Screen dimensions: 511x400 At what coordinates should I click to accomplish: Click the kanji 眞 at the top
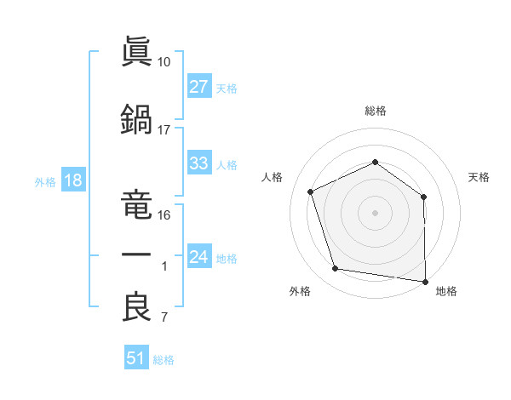[x=136, y=51]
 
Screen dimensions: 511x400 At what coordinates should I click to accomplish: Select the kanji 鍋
[x=136, y=119]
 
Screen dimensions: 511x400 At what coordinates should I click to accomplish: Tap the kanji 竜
[x=136, y=204]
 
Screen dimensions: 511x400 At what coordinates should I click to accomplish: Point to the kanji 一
[x=136, y=254]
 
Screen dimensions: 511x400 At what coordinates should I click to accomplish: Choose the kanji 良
[x=136, y=306]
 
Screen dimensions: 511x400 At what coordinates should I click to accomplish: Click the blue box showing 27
[x=199, y=86]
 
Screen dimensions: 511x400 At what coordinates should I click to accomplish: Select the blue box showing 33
[x=199, y=163]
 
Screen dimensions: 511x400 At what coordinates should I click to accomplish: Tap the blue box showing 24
[x=199, y=255]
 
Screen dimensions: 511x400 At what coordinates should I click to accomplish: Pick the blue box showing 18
[x=73, y=180]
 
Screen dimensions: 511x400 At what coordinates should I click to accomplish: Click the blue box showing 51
[x=136, y=357]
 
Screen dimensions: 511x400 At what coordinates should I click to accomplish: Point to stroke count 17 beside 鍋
[x=164, y=130]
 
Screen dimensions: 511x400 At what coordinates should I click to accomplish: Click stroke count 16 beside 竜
[x=164, y=215]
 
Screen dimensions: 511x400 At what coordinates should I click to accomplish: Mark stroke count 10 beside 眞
[x=164, y=62]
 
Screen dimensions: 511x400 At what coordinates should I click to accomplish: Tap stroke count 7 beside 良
[x=164, y=317]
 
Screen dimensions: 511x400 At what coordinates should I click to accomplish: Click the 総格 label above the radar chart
[x=376, y=111]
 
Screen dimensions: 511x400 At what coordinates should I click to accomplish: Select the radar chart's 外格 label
[x=300, y=291]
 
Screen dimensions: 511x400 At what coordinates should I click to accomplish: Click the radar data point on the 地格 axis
[x=425, y=282]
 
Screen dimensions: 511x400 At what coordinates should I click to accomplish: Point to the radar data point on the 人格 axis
[x=311, y=191]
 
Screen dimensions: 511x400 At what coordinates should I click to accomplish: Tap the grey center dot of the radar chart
[x=375, y=213]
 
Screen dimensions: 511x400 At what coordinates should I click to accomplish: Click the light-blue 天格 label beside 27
[x=227, y=89]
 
